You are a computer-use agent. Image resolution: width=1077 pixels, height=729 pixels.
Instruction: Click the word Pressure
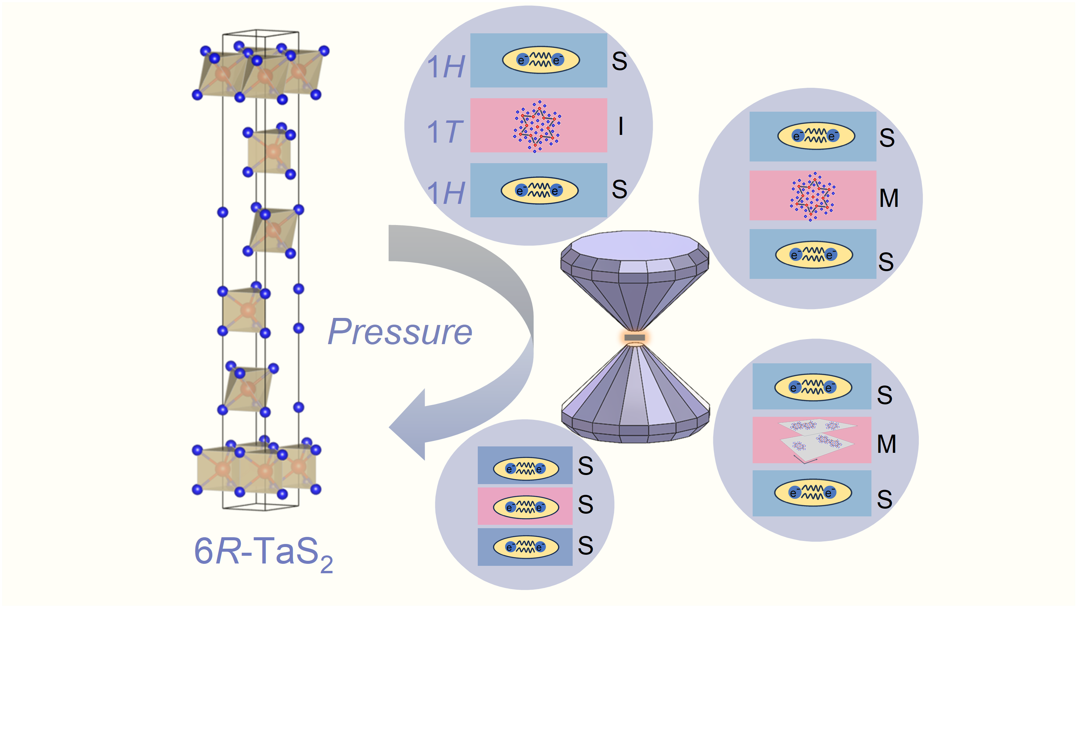coord(399,332)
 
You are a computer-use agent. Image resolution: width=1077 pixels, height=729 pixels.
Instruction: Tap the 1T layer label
coord(444,131)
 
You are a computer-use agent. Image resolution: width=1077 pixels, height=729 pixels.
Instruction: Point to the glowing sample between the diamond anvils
coord(635,337)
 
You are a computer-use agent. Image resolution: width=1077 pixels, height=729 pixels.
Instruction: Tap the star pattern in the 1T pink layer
coord(538,125)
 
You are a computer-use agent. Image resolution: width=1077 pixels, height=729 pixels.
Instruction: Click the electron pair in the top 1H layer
coord(540,60)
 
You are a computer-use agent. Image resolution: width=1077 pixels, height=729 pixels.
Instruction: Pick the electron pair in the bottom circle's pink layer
coord(526,507)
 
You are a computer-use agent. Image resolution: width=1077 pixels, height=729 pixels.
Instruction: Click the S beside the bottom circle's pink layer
coord(585,504)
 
